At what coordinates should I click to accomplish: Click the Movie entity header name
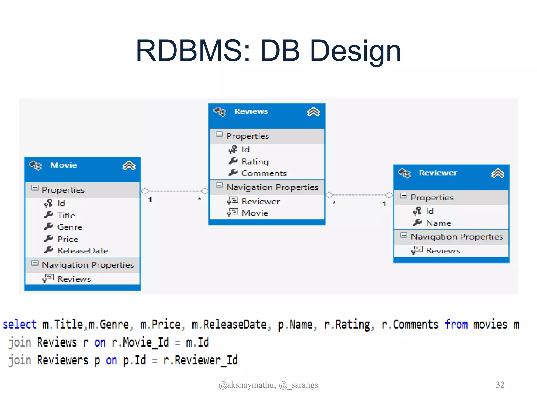point(63,165)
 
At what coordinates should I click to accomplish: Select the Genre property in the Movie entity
point(69,227)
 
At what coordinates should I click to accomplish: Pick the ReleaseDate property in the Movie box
point(82,251)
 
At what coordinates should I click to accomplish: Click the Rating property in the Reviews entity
point(255,162)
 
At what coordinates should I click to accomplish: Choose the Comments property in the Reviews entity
point(264,173)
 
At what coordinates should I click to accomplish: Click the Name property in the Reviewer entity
point(438,223)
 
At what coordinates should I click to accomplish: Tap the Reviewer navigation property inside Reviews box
point(260,201)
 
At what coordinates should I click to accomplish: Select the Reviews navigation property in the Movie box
point(74,279)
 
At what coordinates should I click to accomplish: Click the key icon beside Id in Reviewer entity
point(417,211)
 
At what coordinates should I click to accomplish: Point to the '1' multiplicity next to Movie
point(150,200)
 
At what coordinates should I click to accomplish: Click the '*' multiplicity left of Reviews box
point(199,199)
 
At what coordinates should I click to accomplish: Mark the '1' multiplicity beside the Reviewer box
point(384,204)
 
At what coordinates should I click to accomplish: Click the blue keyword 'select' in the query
point(20,325)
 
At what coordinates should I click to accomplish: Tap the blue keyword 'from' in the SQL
point(456,325)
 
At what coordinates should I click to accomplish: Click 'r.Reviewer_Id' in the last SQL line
point(200,360)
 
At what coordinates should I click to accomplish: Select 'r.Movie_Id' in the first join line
point(140,343)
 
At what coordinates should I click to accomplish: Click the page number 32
point(500,385)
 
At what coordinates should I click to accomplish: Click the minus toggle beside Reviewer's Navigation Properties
point(404,235)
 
